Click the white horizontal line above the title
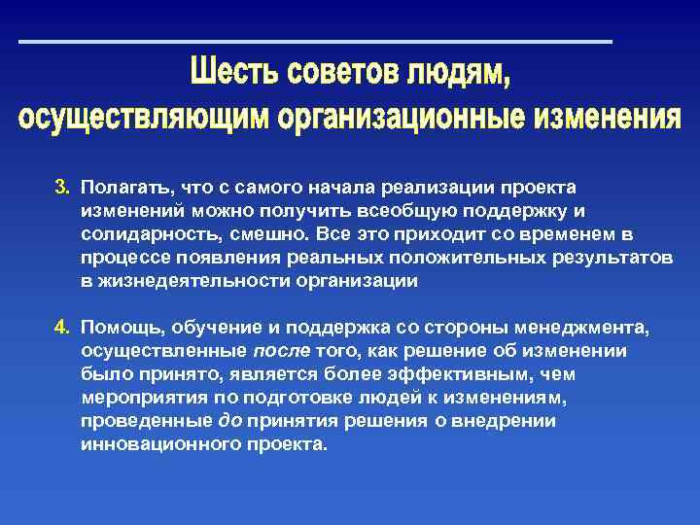coord(316,42)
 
